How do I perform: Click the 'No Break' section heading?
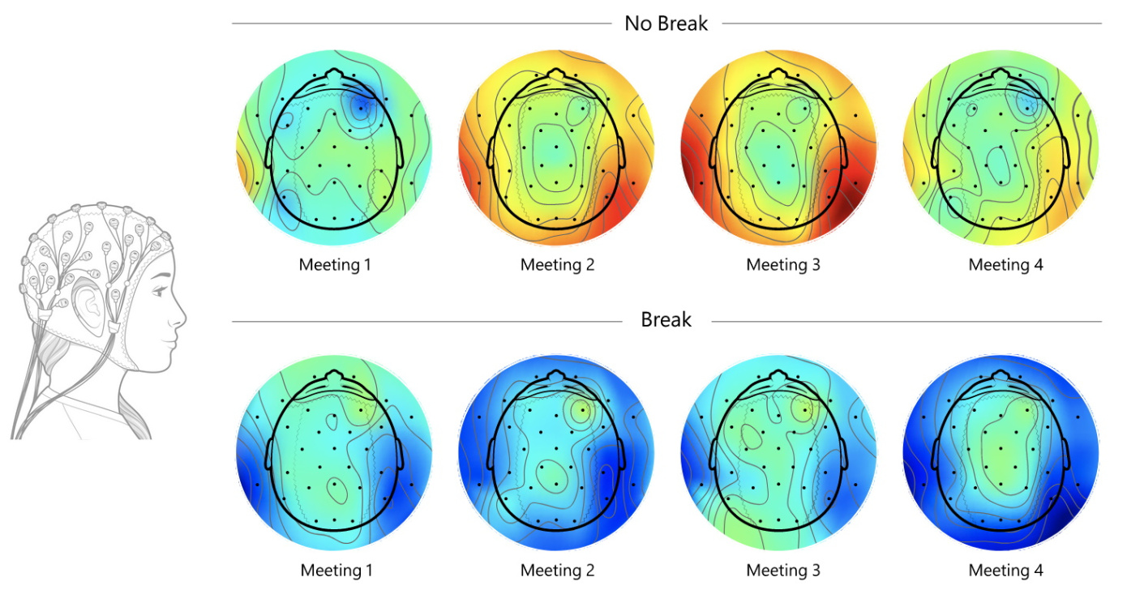(666, 24)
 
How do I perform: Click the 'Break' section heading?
(666, 320)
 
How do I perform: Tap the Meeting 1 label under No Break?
(336, 265)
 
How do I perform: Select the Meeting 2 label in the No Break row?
(557, 265)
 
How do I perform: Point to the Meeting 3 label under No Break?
(783, 265)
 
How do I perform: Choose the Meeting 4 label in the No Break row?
(1005, 265)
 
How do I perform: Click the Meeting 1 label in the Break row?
(336, 571)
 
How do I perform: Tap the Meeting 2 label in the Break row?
(557, 571)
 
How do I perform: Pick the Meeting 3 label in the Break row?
(783, 571)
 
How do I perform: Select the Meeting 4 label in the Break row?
(1005, 571)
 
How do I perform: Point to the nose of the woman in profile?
(182, 317)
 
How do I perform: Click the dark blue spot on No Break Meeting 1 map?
(359, 108)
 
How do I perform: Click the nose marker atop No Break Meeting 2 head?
(556, 75)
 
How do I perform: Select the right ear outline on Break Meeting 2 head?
(622, 451)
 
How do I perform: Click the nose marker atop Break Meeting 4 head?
(1001, 378)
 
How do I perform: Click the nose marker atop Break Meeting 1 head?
(334, 378)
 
